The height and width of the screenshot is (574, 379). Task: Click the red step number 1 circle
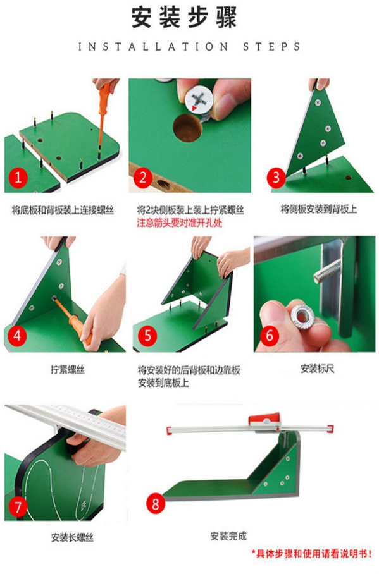click(x=18, y=178)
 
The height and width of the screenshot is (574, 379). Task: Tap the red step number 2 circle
click(x=143, y=178)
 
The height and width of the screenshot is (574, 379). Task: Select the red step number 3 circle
click(x=276, y=178)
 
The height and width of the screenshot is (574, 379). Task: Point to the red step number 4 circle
click(x=17, y=335)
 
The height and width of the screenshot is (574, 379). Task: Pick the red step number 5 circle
click(x=147, y=335)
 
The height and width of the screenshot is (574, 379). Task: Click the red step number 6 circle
click(x=270, y=335)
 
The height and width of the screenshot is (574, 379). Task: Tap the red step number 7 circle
click(x=18, y=507)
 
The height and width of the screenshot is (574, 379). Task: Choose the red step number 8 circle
click(x=156, y=503)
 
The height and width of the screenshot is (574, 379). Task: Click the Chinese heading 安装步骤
click(x=184, y=17)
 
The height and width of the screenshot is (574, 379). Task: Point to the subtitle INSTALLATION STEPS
click(x=189, y=47)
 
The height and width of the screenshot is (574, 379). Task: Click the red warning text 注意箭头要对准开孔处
click(x=180, y=223)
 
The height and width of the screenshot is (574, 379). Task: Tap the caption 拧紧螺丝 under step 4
click(x=68, y=370)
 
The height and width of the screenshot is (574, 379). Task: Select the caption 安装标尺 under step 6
click(x=318, y=369)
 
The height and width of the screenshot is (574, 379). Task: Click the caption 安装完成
click(x=228, y=536)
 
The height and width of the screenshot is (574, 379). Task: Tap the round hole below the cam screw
click(x=188, y=128)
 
